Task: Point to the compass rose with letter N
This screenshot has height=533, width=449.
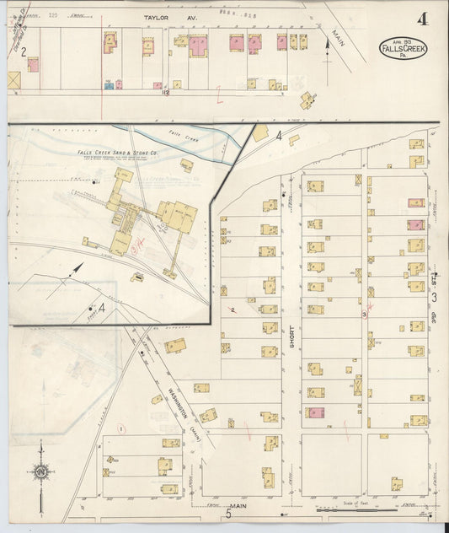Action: [42, 472]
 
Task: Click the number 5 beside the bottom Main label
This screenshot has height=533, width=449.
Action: [227, 514]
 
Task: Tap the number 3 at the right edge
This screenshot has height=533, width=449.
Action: [435, 296]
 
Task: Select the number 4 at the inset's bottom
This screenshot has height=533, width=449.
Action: [102, 308]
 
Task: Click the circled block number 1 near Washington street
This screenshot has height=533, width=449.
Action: [121, 429]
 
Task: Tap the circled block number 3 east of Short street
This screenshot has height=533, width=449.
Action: [364, 315]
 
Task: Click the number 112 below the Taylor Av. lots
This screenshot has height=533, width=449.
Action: [167, 93]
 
